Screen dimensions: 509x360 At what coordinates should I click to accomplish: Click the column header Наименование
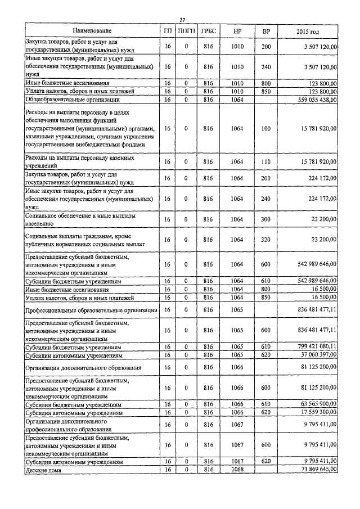[92, 30]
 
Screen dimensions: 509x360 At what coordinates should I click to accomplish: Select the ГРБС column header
[208, 30]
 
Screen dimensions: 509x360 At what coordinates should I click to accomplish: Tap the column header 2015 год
[310, 30]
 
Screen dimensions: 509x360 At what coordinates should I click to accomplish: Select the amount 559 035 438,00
[311, 100]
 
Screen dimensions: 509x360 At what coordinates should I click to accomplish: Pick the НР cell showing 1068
[237, 469]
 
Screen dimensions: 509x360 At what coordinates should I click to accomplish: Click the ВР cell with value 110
[266, 162]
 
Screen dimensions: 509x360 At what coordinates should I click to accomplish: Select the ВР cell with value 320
[266, 240]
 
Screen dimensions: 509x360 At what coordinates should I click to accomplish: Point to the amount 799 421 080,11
[311, 348]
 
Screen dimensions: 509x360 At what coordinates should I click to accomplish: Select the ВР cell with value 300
[266, 219]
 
